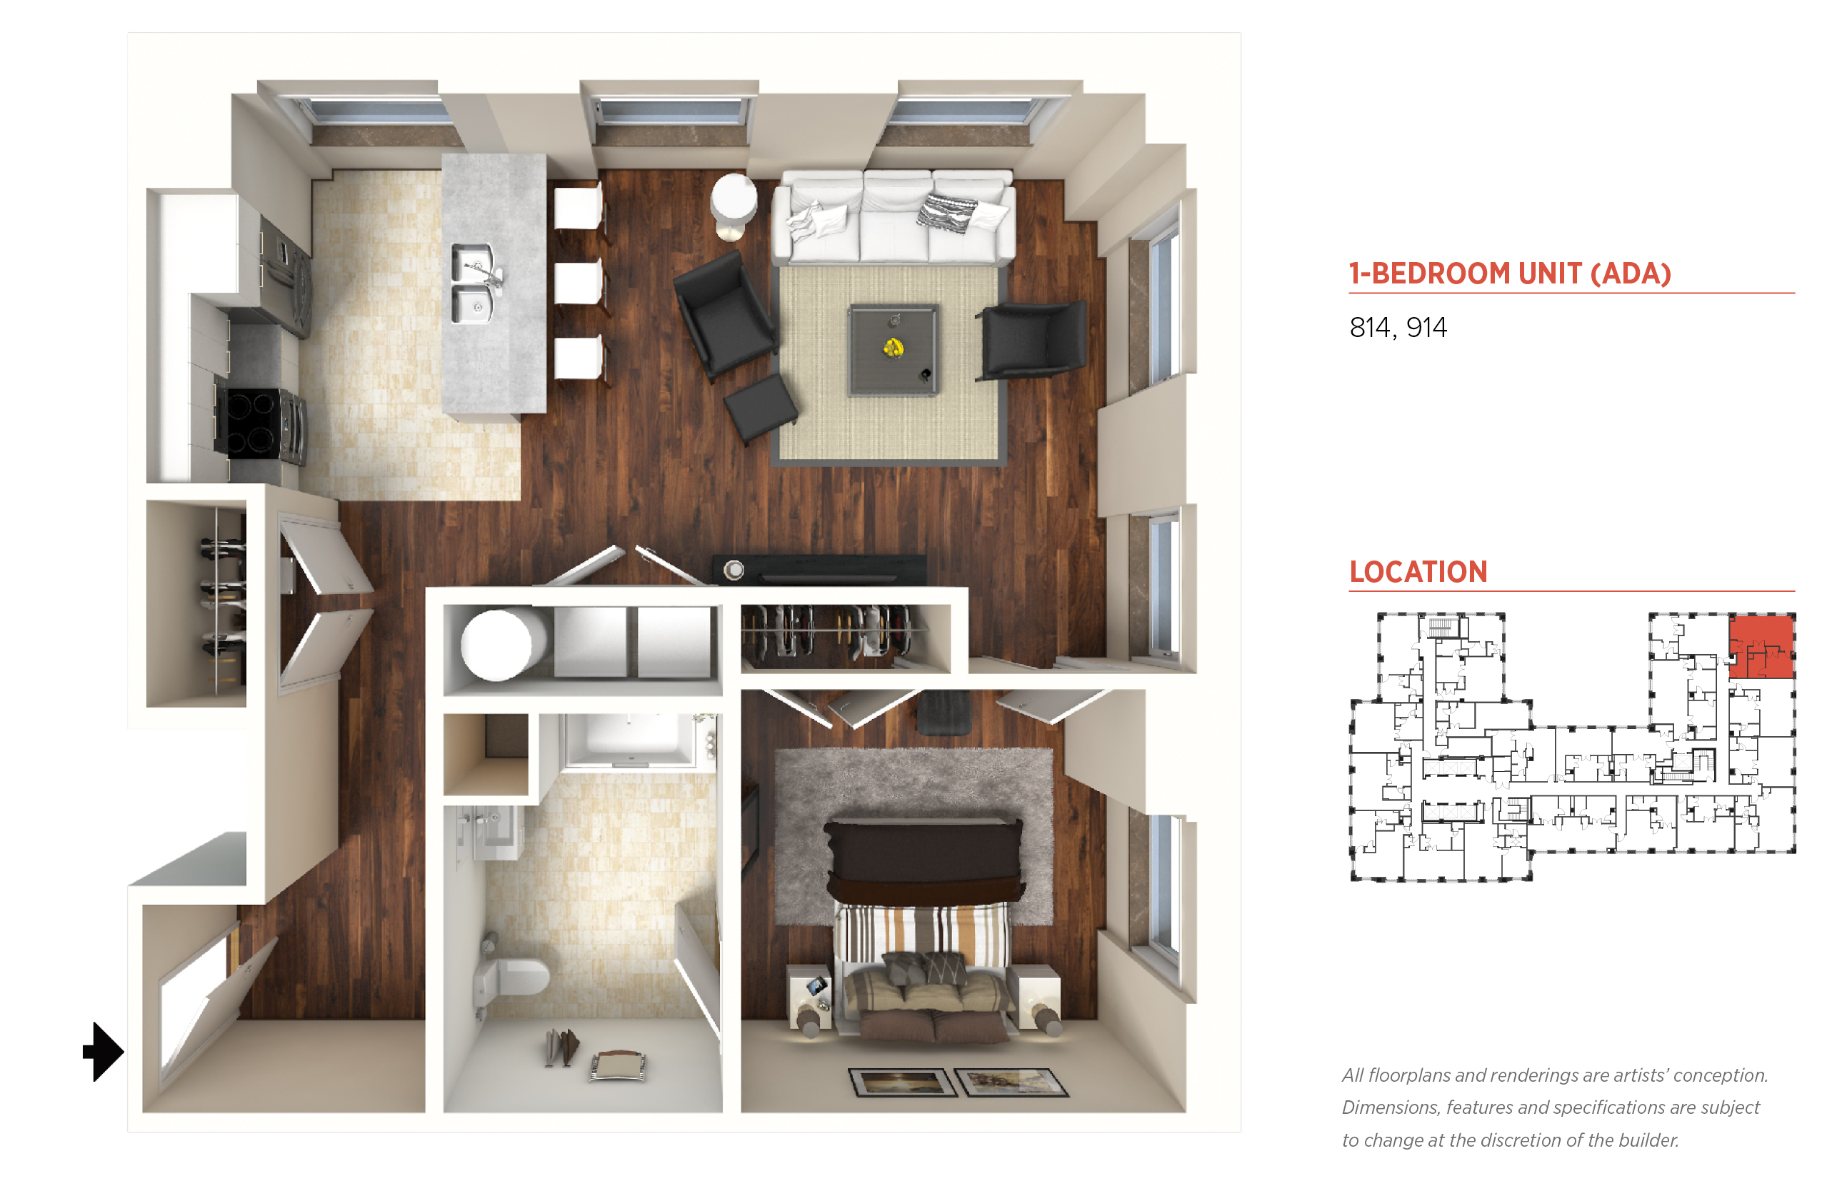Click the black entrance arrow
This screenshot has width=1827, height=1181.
point(103,1050)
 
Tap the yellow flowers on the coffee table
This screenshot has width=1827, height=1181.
point(892,348)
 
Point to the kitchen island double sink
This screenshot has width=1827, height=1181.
point(474,283)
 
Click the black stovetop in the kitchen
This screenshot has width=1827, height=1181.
point(251,423)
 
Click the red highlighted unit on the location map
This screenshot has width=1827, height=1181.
point(1761,645)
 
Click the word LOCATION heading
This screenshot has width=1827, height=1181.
point(1418,572)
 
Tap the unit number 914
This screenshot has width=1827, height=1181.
point(1426,328)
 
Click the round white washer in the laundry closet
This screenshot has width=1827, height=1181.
point(497,644)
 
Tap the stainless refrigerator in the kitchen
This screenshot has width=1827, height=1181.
point(284,276)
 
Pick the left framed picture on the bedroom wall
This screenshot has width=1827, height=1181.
point(902,1082)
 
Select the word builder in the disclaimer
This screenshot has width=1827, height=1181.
point(1647,1140)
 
